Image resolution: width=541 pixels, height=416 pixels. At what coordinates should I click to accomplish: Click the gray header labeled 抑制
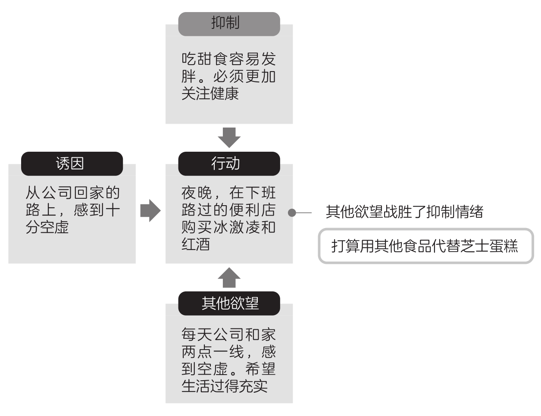[229, 23]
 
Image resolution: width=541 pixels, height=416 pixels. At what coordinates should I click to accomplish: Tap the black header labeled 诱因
[72, 163]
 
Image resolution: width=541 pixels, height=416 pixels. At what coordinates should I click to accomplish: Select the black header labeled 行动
[229, 163]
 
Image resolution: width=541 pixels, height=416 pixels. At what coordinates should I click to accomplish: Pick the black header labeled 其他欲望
[229, 303]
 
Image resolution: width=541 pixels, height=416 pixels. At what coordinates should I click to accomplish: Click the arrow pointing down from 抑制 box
[229, 138]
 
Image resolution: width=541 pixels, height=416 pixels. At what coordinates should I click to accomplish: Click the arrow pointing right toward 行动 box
[150, 211]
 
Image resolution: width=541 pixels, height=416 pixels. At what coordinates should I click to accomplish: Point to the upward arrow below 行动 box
[229, 278]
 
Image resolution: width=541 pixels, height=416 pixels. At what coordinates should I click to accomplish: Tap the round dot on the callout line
[292, 213]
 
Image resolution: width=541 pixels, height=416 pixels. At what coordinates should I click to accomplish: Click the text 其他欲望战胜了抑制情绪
[404, 212]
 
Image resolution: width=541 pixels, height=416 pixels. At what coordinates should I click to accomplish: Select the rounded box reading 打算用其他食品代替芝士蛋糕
[425, 246]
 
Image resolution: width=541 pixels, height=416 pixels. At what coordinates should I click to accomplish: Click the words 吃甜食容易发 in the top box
[228, 59]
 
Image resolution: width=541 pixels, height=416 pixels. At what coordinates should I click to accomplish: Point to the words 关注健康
[210, 94]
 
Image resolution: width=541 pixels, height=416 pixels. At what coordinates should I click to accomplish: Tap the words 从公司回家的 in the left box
[72, 193]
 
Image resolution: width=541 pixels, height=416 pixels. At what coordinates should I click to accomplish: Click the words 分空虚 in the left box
[47, 227]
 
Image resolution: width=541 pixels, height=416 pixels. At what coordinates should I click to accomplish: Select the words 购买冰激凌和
[228, 227]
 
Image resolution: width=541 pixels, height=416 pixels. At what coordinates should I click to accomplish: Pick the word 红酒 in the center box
[196, 244]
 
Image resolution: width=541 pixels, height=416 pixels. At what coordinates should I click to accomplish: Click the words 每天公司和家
[228, 335]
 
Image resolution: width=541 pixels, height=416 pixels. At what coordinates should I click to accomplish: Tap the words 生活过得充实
[224, 386]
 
